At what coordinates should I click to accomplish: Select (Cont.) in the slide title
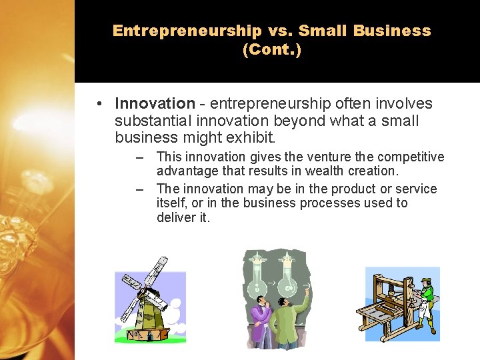pos(272,50)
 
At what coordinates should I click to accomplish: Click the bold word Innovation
pos(155,103)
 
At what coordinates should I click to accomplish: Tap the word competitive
pos(411,157)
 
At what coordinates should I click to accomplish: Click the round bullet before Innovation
pos(98,104)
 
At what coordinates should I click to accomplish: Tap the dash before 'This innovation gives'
pos(139,158)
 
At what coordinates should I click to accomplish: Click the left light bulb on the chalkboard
pos(258,280)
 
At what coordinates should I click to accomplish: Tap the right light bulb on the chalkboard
pos(287,280)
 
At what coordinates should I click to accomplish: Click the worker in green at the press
pos(427,297)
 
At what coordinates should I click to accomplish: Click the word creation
pos(375,171)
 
